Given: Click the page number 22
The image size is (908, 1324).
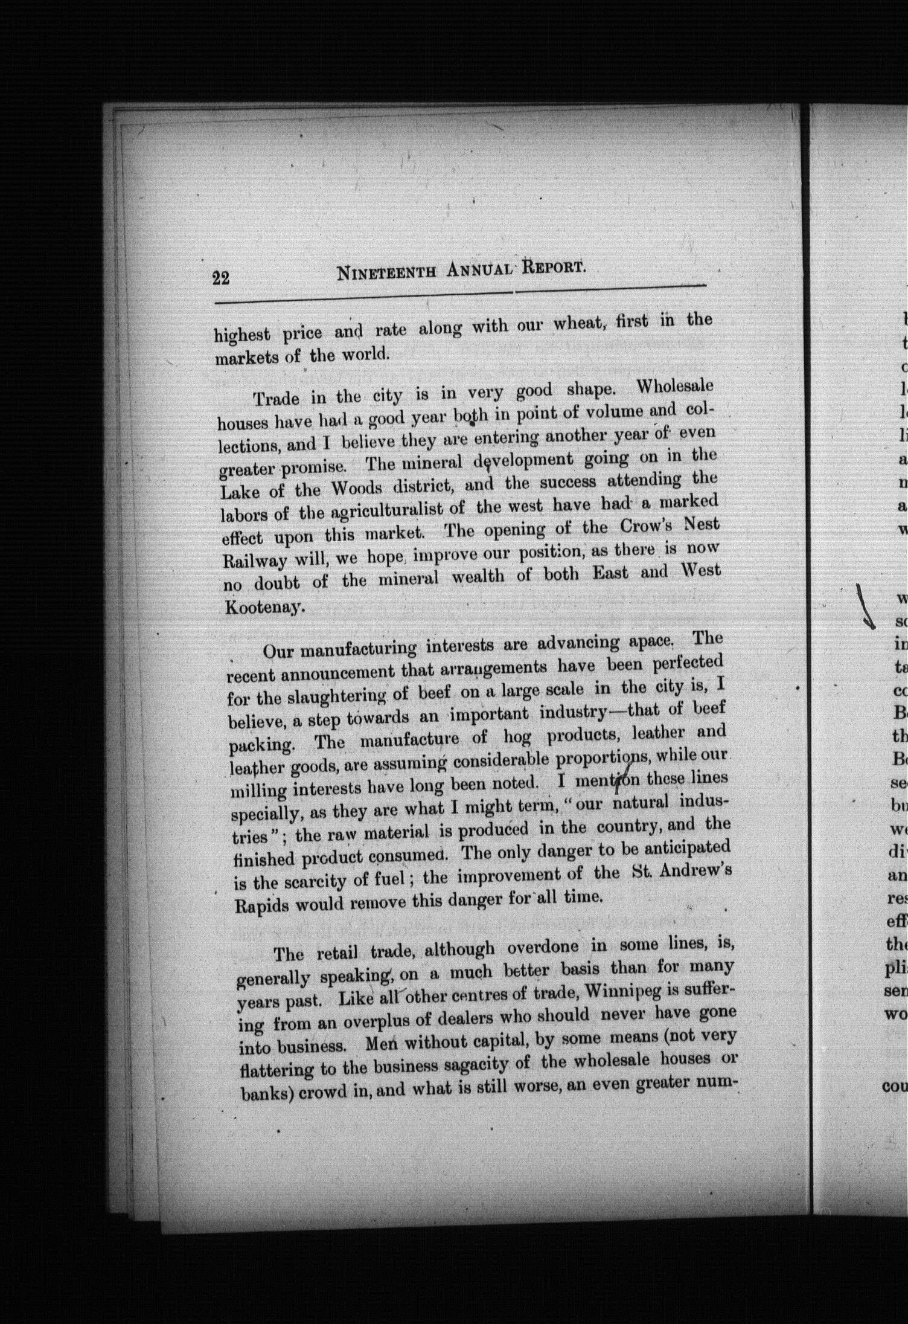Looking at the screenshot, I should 220,277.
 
